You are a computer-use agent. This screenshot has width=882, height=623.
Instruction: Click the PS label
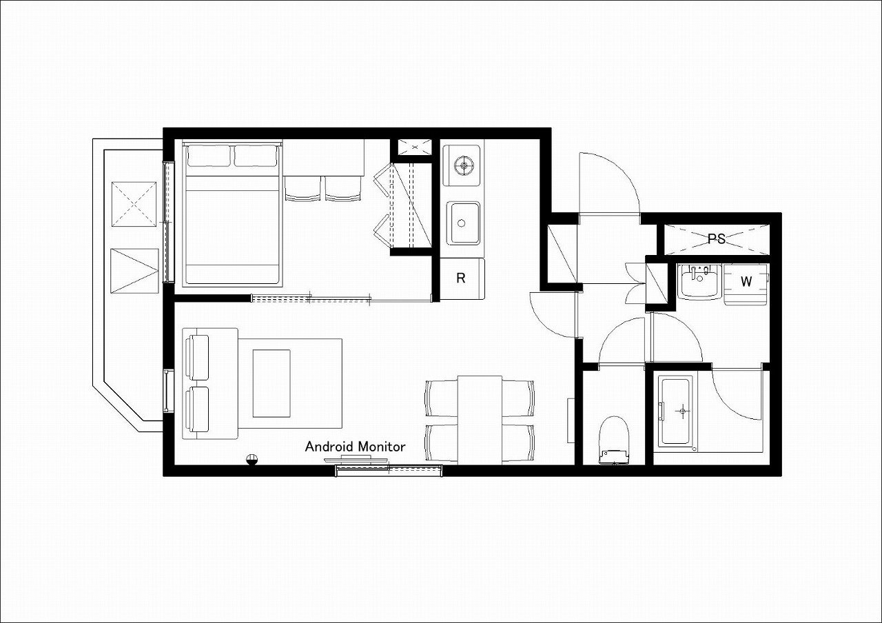tap(716, 238)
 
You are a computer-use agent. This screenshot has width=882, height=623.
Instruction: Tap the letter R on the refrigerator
tap(461, 278)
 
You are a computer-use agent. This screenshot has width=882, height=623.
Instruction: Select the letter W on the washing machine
tap(746, 281)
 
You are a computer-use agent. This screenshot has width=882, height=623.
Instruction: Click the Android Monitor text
tap(355, 447)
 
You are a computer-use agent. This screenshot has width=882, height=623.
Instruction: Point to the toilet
tap(613, 440)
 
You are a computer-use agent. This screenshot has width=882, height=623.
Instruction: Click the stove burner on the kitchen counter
tap(462, 165)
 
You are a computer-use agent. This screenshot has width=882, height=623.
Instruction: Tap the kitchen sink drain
tap(462, 223)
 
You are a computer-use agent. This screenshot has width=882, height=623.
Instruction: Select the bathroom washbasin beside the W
tap(699, 281)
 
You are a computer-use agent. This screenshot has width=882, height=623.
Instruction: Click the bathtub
tap(675, 411)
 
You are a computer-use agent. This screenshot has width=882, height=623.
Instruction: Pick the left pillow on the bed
tap(209, 156)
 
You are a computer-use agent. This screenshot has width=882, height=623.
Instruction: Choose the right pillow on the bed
tap(256, 156)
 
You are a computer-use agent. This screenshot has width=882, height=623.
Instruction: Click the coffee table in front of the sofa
tap(271, 383)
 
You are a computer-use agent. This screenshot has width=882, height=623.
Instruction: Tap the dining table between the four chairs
tap(480, 420)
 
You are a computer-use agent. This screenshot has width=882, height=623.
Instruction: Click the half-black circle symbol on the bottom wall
tap(252, 460)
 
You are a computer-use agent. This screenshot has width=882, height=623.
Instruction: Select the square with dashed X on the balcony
tap(134, 204)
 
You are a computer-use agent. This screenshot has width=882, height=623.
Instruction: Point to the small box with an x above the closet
tap(415, 147)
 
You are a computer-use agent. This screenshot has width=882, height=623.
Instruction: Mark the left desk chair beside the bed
tap(302, 189)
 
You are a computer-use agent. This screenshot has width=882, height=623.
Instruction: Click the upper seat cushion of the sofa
tap(199, 358)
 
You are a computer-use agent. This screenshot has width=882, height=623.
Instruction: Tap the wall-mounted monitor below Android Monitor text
tap(356, 459)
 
